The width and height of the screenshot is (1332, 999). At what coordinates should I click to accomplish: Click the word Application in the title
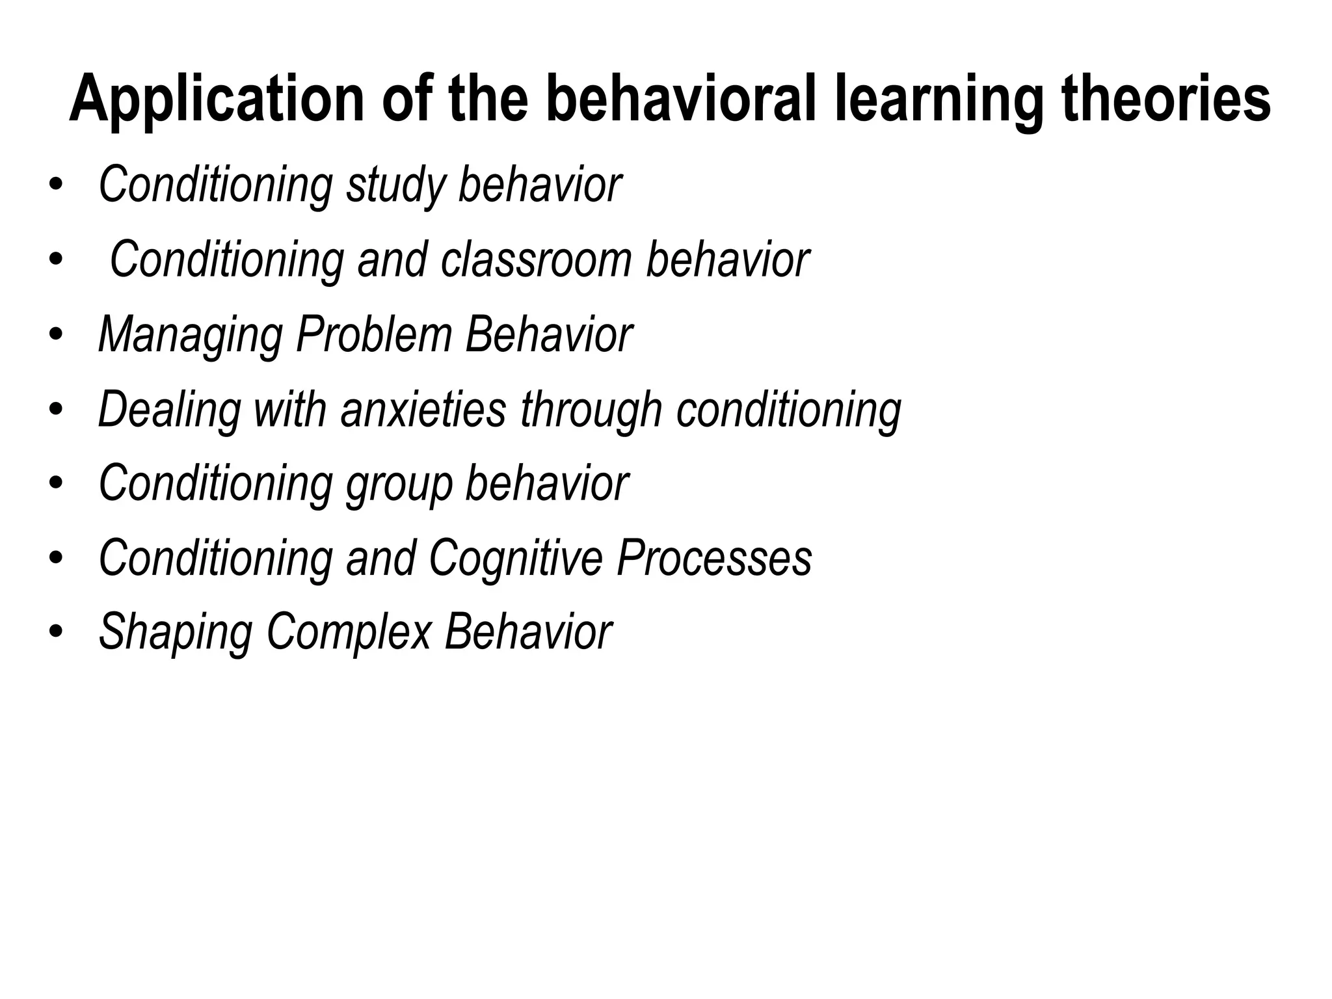pos(217,99)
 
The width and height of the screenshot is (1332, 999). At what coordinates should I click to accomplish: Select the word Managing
pos(191,336)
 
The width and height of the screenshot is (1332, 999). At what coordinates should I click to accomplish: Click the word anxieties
pos(423,410)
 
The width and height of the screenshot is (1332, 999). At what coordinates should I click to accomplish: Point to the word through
pos(591,410)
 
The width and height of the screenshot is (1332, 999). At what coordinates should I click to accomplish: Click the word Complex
pos(349,633)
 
